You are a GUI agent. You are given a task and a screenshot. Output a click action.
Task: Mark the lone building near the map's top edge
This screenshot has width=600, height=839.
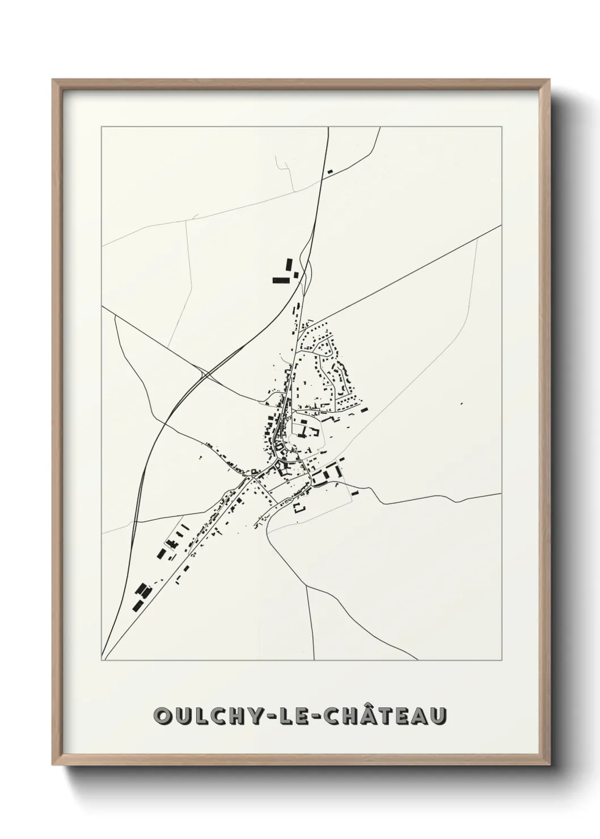[x=329, y=171]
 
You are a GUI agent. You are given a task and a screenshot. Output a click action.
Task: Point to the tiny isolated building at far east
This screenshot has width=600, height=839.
[x=462, y=404]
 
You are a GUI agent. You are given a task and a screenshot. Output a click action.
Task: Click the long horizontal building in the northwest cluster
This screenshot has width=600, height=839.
[x=280, y=280]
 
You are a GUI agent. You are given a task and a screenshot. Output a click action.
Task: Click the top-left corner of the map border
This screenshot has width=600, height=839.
[x=102, y=128]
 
